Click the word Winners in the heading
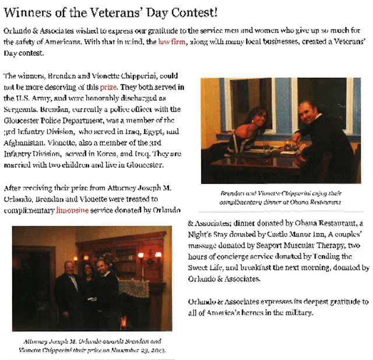(26, 11)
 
